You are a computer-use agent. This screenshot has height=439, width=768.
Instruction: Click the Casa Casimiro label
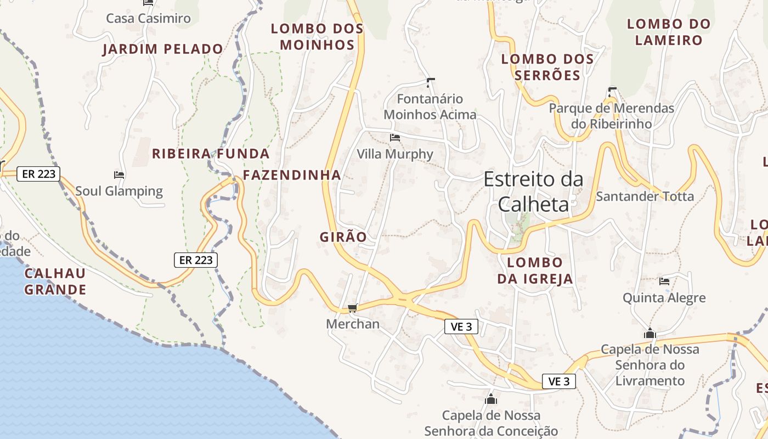click(x=148, y=18)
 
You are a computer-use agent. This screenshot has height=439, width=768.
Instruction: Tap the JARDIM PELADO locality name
click(x=163, y=49)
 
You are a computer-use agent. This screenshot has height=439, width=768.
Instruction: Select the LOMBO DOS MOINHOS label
click(x=317, y=37)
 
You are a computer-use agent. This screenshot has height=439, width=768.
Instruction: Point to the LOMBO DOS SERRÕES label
click(x=547, y=67)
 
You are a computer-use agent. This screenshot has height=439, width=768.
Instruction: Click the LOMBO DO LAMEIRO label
click(x=668, y=32)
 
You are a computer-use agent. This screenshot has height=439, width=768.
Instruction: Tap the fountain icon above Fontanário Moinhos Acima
click(x=430, y=83)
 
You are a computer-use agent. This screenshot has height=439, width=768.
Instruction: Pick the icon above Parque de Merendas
click(x=612, y=92)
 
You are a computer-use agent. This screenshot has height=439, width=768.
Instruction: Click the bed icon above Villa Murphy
click(x=395, y=137)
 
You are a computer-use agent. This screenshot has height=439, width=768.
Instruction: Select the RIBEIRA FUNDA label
click(x=211, y=154)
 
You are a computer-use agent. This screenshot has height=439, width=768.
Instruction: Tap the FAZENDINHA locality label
click(x=292, y=175)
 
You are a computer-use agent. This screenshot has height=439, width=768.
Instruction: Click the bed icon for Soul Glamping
click(x=119, y=175)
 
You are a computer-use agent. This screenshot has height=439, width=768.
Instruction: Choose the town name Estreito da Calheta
click(x=533, y=192)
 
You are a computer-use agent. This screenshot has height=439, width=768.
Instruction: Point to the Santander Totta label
click(x=645, y=196)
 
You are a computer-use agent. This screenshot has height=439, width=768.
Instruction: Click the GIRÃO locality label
click(x=343, y=237)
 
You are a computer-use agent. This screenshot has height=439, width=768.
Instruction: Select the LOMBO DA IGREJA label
click(x=535, y=271)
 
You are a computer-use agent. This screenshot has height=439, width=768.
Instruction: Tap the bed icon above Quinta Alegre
click(x=664, y=282)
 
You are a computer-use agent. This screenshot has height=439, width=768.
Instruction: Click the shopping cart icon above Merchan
click(x=352, y=308)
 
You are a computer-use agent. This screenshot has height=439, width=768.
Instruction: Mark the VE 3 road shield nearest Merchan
click(x=461, y=327)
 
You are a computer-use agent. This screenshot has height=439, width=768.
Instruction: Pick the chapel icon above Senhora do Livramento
click(x=650, y=333)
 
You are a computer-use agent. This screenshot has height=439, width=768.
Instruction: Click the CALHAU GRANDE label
click(x=55, y=282)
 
